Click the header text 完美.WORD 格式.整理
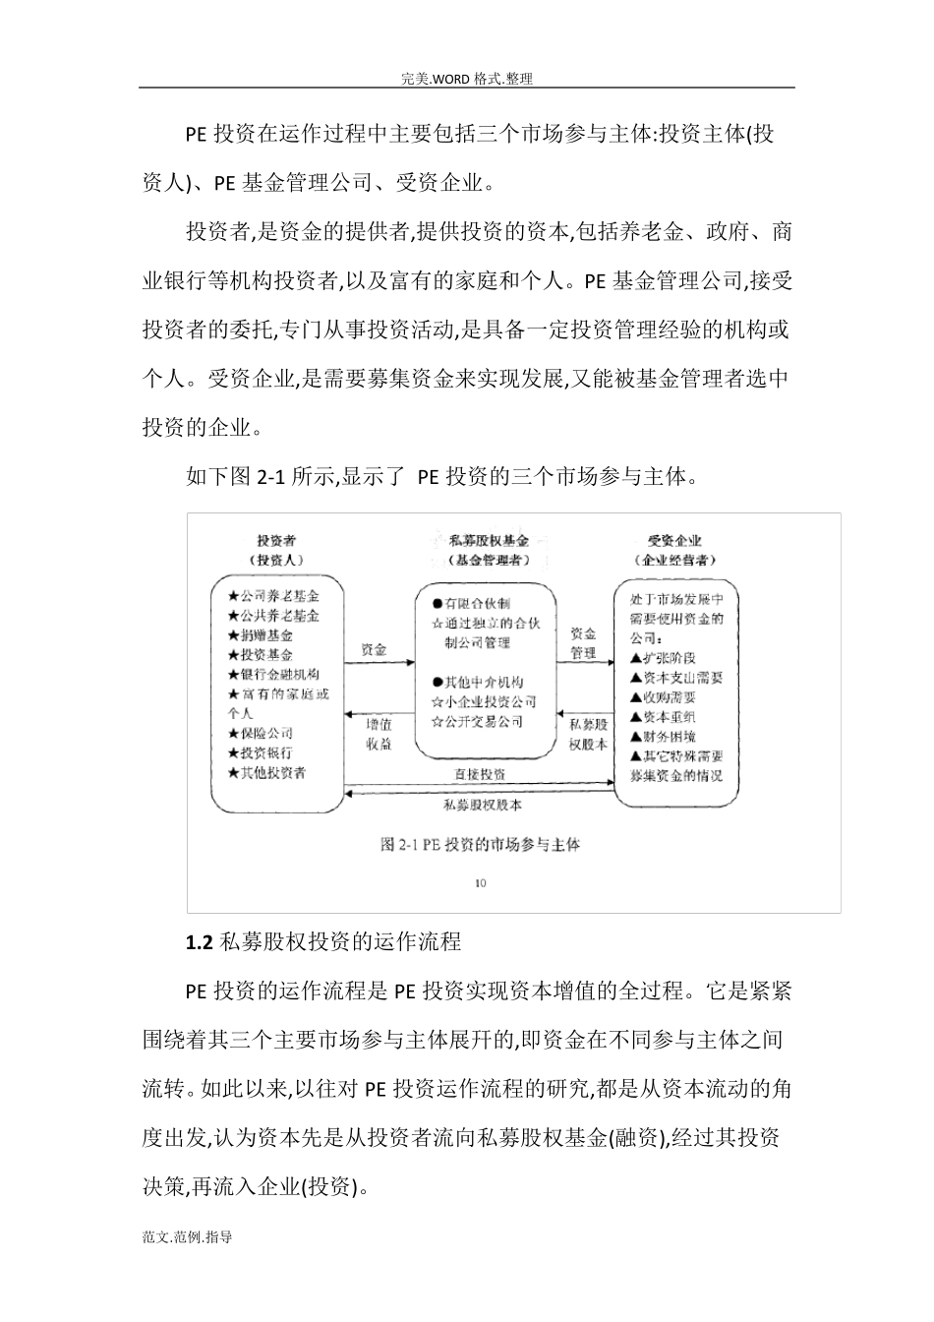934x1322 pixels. click(467, 79)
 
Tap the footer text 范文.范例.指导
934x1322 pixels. click(187, 1237)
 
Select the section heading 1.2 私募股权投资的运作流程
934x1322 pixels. click(323, 941)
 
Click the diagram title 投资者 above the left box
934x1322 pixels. click(276, 540)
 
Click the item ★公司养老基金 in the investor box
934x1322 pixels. click(273, 596)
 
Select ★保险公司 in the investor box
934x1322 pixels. click(260, 733)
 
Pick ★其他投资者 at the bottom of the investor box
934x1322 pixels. click(266, 772)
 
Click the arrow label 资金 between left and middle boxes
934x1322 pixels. click(374, 649)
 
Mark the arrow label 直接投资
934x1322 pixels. click(480, 775)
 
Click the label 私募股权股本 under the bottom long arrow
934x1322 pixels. click(483, 805)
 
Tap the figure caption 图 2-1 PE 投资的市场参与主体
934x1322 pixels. click(480, 844)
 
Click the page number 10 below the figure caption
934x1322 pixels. click(480, 882)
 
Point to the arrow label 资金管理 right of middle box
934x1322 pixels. click(583, 643)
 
